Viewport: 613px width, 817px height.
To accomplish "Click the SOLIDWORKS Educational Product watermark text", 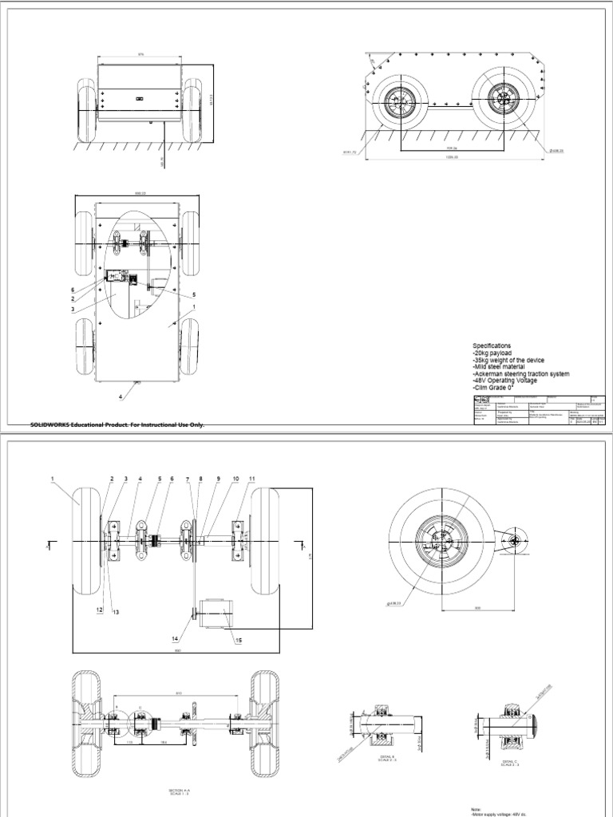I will [x=117, y=425].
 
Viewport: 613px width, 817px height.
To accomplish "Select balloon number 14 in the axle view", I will [x=175, y=639].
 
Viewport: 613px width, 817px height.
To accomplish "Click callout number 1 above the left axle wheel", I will [x=52, y=479].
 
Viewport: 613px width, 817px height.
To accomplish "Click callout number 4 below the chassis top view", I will [x=121, y=397].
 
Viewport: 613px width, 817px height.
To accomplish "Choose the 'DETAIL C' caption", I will [x=508, y=761].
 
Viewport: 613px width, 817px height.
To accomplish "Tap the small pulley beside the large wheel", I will [x=510, y=543].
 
